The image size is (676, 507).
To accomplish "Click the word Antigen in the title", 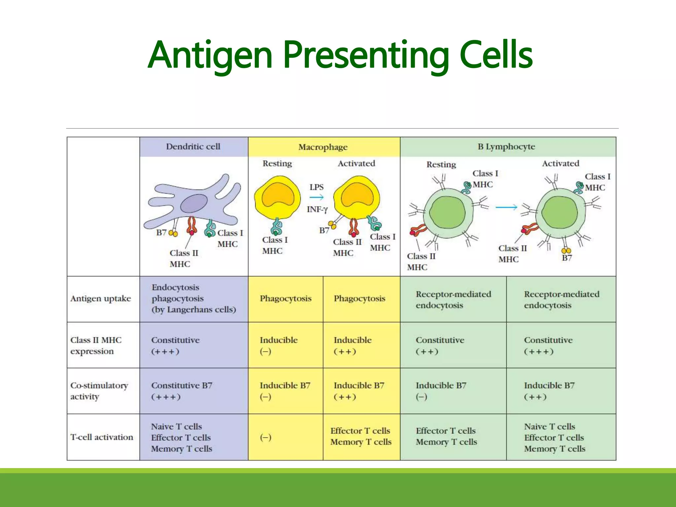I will point(210,55).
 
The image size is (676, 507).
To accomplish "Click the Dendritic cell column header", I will point(193,147).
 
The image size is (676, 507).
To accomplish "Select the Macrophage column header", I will point(323,147).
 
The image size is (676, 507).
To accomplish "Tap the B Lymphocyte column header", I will point(506,147).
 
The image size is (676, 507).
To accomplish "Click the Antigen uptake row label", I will point(101,299).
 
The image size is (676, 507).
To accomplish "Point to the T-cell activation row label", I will point(102,437).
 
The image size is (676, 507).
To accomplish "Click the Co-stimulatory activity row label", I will point(99,391).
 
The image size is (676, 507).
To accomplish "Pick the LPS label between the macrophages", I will point(316,187).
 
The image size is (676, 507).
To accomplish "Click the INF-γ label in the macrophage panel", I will point(317,209).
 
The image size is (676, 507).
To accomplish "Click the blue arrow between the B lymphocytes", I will point(506,207).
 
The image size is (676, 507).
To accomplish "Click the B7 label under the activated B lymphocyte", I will point(567,258).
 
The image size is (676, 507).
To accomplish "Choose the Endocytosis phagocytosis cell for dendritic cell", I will point(194,298).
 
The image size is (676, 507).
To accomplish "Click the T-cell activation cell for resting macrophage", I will point(266,437).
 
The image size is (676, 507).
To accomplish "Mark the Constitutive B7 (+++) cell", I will point(182,391).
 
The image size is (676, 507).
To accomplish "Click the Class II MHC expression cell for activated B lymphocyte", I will point(548,345).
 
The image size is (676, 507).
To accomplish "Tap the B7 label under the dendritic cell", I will point(161,233).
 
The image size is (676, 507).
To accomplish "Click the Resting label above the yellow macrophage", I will point(277,163).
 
